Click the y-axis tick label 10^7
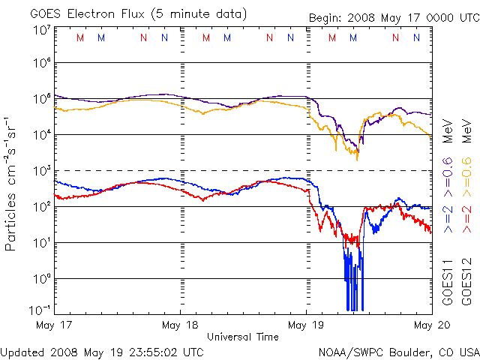click(x=42, y=30)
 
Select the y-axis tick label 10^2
click(x=42, y=206)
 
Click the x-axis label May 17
click(x=53, y=325)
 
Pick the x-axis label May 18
click(x=180, y=325)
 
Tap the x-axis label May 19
click(x=306, y=325)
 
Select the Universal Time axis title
click(x=242, y=337)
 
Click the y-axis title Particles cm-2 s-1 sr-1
click(x=13, y=184)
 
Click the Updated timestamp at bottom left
click(x=102, y=351)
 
